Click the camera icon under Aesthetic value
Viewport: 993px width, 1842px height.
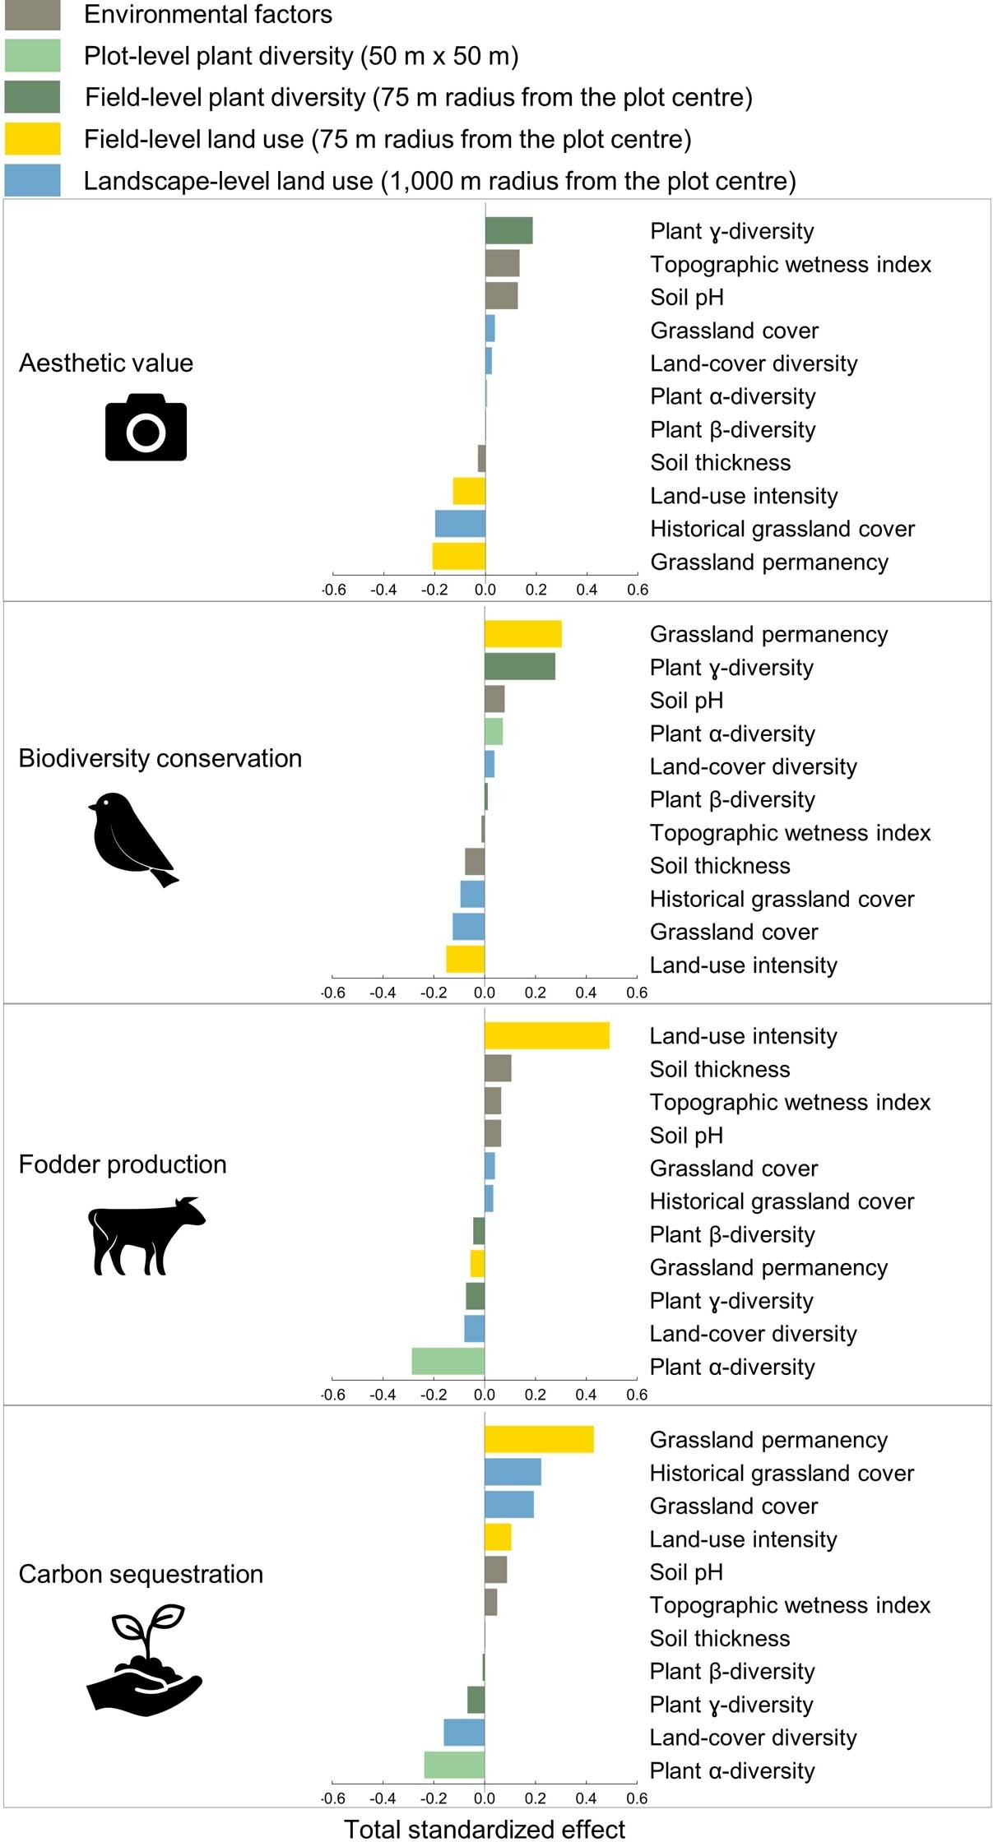(146, 428)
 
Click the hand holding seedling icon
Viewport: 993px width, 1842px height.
(144, 1661)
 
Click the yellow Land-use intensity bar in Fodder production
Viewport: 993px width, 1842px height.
(546, 1036)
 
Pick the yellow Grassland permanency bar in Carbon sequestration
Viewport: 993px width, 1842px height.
(539, 1440)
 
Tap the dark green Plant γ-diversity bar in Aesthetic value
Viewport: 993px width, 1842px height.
(508, 231)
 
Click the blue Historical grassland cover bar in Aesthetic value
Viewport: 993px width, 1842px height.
(460, 524)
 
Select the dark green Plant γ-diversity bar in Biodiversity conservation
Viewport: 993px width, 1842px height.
(519, 667)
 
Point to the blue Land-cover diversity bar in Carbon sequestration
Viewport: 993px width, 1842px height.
(464, 1733)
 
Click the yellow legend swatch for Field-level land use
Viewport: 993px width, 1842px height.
(33, 139)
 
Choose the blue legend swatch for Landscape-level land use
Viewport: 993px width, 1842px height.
(33, 181)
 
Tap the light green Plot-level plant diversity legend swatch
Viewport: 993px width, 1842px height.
(33, 56)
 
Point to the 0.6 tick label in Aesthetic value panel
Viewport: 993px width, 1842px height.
(637, 590)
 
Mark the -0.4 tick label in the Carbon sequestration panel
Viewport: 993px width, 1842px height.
(383, 1798)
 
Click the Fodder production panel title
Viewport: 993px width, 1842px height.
(123, 1164)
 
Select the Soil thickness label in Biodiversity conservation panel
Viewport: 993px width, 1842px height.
(720, 866)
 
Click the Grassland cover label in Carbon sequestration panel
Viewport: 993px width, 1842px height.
(734, 1506)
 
